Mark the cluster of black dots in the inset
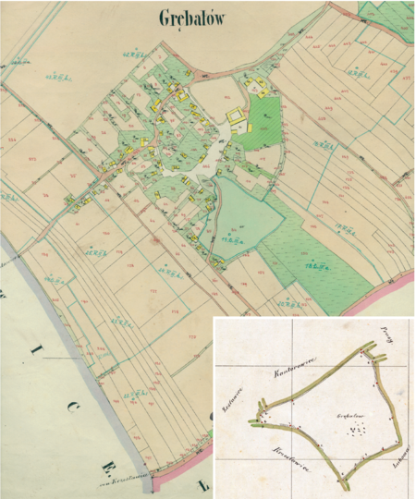[x=357, y=430]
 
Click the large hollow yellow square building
[x=238, y=116]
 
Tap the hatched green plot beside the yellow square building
[x=264, y=120]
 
